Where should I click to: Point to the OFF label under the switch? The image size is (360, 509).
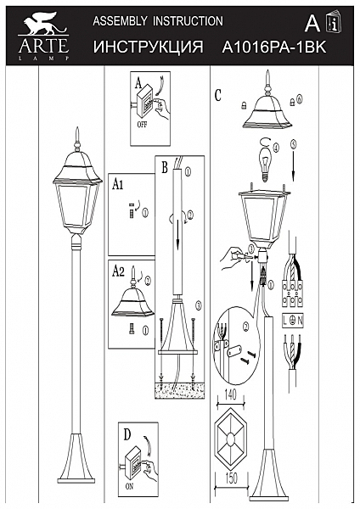pos(141,123)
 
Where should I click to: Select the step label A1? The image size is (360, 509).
pos(119,183)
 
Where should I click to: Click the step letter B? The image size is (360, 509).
pos(163,166)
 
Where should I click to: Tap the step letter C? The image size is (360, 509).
pos(218,96)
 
